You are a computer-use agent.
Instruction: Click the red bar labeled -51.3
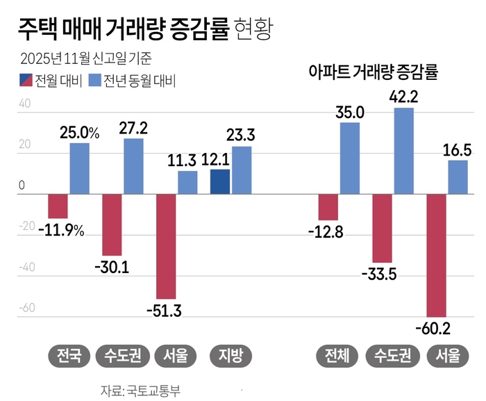(x=166, y=247)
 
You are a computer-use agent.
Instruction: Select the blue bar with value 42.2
(x=403, y=151)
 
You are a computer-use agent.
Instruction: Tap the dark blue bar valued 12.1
(x=220, y=182)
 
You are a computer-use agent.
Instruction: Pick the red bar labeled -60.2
(x=436, y=255)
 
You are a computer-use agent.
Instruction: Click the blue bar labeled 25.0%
(x=79, y=169)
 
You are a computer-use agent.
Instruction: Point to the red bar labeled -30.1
(x=112, y=225)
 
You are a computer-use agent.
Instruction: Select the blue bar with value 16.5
(x=458, y=177)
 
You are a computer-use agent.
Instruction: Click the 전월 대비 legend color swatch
(x=27, y=81)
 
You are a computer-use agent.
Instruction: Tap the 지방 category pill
(x=231, y=356)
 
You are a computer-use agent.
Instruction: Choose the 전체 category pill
(x=338, y=356)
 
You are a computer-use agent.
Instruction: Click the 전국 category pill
(x=69, y=356)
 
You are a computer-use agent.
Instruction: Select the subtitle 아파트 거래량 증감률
(x=376, y=71)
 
